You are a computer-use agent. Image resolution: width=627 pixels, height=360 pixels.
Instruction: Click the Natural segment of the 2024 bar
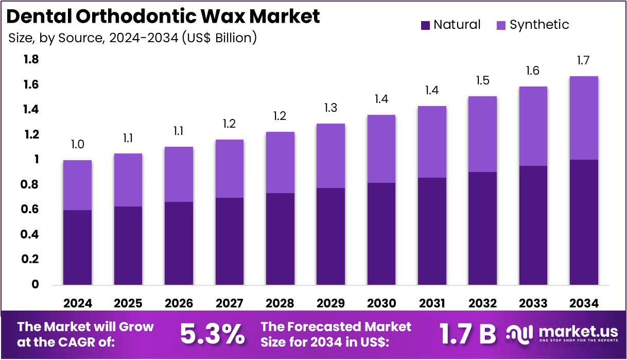(77, 247)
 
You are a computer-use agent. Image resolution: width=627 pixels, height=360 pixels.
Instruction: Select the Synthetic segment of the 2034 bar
(584, 118)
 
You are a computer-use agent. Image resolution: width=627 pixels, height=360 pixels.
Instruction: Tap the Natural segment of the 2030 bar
(381, 233)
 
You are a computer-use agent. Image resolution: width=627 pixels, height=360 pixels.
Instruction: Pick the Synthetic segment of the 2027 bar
(229, 168)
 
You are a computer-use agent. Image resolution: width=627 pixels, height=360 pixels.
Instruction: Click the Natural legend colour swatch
(425, 25)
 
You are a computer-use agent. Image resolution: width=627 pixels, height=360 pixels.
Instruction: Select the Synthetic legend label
(539, 25)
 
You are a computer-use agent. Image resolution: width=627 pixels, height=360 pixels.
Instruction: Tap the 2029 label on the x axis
(330, 303)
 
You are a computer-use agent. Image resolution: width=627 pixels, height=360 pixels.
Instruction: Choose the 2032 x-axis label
(483, 303)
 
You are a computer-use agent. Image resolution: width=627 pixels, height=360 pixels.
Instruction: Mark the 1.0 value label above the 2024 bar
(77, 145)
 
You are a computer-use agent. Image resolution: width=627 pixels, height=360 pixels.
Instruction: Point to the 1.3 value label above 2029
(330, 108)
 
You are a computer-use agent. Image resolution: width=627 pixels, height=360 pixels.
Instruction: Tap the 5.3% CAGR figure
(212, 335)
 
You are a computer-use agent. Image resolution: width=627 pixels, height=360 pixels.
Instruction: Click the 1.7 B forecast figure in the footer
(467, 335)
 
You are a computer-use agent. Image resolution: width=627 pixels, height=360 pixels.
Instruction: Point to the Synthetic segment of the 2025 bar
(128, 180)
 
